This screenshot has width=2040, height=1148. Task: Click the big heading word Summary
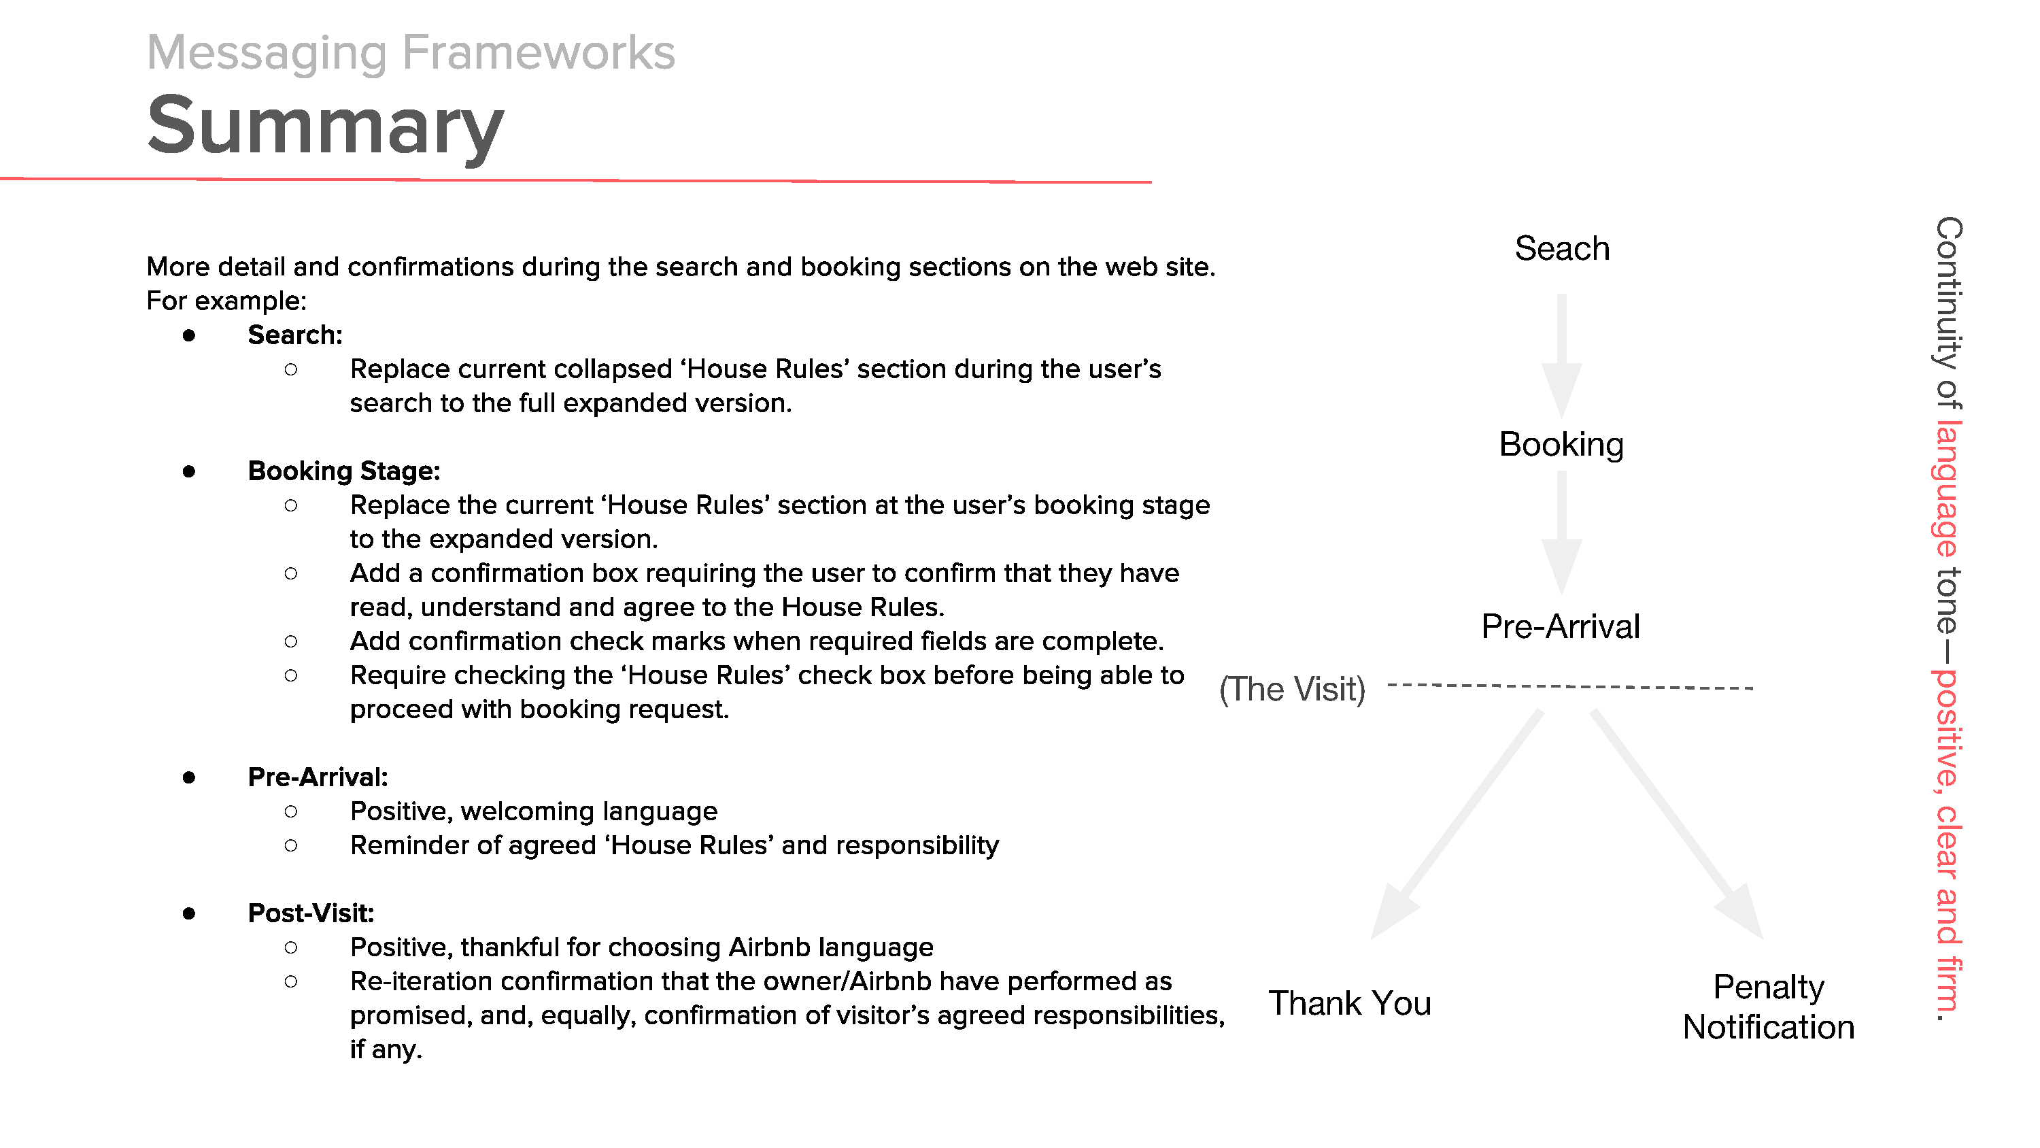pos(326,125)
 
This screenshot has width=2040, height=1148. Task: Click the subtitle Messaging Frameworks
pos(411,52)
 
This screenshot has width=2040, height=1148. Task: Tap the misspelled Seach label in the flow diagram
pos(1562,249)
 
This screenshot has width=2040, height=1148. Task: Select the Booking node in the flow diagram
pos(1561,445)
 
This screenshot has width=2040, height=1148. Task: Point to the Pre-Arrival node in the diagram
pos(1560,626)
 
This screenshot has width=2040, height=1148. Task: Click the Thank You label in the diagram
pos(1349,1003)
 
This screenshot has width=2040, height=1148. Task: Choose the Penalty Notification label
pos(1769,1007)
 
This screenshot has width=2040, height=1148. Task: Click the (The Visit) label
pos(1293,689)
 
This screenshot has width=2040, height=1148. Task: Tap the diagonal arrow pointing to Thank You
pos(1457,824)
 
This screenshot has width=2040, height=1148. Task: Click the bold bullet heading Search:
pos(294,335)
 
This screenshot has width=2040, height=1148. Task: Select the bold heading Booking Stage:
pos(343,471)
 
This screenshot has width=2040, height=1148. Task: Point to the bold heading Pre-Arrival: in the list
pos(318,777)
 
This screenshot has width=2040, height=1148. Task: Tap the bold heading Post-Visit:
pos(311,913)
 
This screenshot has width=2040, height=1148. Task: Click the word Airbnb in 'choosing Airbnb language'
pos(771,947)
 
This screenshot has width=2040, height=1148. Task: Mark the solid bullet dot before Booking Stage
pos(188,472)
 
